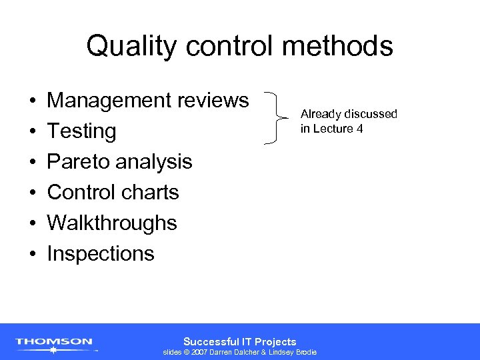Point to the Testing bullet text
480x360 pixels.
tap(81, 131)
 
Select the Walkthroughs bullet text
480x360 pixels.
tap(112, 223)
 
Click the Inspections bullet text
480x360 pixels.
tap(101, 253)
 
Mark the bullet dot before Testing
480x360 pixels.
tap(32, 131)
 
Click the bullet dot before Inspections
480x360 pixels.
tap(32, 254)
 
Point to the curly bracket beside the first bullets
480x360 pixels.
tap(276, 117)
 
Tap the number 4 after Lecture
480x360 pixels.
tap(359, 128)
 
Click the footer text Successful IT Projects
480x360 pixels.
tap(239, 341)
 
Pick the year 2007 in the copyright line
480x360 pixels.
tap(200, 352)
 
